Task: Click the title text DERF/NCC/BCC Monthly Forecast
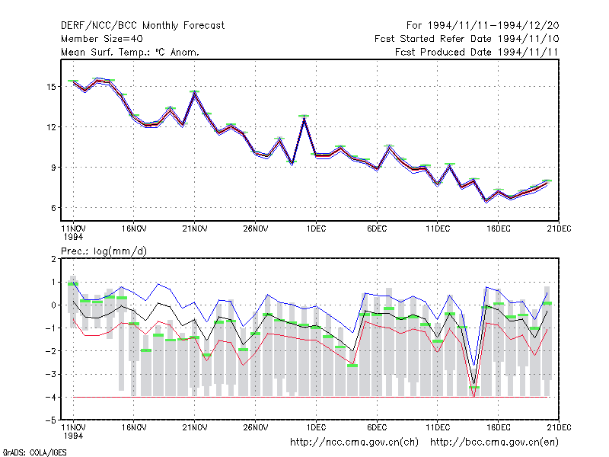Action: [142, 26]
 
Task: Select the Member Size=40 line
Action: [102, 39]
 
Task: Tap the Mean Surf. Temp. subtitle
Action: [130, 52]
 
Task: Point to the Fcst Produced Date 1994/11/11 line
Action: [477, 52]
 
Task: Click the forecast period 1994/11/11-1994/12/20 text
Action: [483, 26]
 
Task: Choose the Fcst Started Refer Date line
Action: [467, 39]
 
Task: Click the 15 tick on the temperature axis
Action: [51, 87]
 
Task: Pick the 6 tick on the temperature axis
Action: [53, 208]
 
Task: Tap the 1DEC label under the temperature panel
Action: [316, 229]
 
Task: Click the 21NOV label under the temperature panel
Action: [195, 229]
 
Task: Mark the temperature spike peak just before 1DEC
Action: [304, 117]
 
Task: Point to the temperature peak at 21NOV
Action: [195, 92]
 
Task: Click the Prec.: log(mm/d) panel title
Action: [104, 251]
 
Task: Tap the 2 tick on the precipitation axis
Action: [53, 259]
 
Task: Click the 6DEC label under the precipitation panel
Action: [377, 427]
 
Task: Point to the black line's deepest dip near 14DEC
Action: [473, 384]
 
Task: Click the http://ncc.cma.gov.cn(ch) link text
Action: [354, 443]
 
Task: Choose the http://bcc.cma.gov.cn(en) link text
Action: [494, 443]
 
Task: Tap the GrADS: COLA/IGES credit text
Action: [35, 452]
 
